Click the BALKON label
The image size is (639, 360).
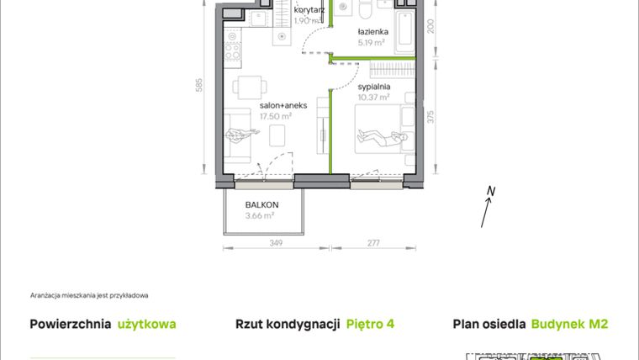(261, 204)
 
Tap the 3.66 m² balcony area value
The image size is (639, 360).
(260, 216)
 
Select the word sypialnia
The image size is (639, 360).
(372, 86)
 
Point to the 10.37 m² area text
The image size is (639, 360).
(373, 97)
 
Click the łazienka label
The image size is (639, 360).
(369, 32)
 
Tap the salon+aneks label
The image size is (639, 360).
(283, 105)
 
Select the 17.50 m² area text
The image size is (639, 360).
(275, 116)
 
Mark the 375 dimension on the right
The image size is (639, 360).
(430, 117)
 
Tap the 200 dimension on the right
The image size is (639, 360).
(430, 29)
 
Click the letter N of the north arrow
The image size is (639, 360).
(492, 191)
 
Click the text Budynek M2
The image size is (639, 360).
(570, 324)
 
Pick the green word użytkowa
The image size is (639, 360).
(147, 324)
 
